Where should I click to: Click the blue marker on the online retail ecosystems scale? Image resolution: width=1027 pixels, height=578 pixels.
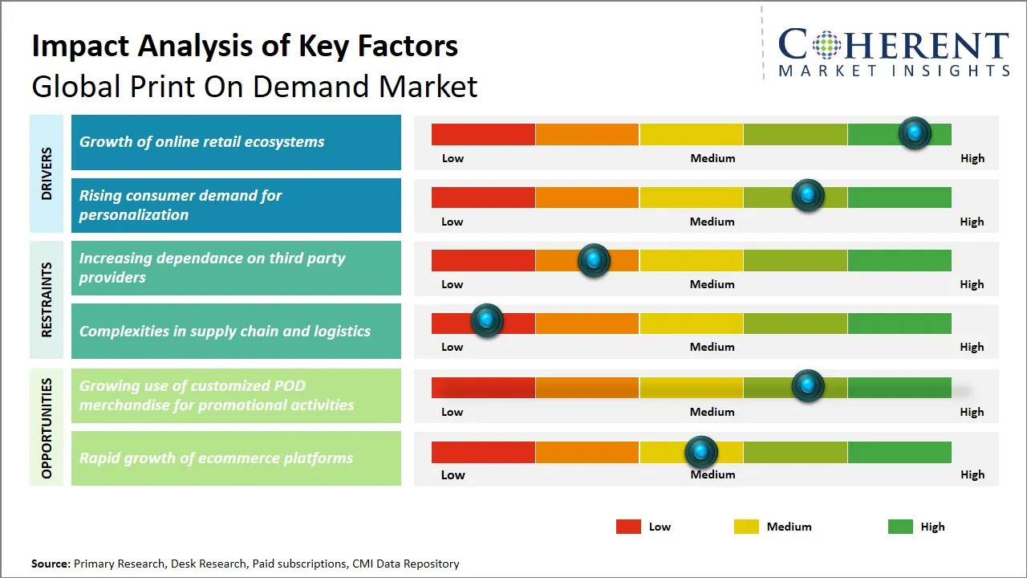[x=915, y=132]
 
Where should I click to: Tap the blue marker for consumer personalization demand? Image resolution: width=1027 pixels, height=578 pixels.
[x=808, y=195]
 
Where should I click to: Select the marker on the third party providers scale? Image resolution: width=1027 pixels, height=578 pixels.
[x=594, y=259]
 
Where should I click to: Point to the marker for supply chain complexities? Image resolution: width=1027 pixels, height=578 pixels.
[x=486, y=320]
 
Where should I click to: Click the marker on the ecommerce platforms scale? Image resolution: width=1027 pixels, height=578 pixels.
[x=701, y=452]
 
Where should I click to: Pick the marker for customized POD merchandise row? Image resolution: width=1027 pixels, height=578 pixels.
[x=808, y=385]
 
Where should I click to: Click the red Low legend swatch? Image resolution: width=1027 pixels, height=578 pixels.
[x=628, y=527]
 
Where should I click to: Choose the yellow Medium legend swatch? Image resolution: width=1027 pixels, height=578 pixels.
[x=746, y=527]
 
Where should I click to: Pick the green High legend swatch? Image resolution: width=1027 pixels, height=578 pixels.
[x=900, y=527]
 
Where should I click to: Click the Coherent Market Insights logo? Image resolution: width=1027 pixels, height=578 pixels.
[x=893, y=52]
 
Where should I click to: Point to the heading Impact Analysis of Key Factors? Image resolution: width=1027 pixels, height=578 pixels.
[x=245, y=46]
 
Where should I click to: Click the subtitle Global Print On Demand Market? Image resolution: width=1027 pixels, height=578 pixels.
[x=254, y=86]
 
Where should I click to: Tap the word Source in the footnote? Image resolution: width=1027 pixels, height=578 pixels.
[x=50, y=564]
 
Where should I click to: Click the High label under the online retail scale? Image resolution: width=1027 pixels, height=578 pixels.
[x=972, y=158]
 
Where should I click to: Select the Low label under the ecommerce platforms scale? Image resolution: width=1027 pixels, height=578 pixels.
[x=453, y=474]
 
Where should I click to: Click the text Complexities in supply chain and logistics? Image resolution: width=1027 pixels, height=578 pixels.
[x=225, y=331]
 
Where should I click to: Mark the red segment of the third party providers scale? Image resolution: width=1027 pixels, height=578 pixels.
[x=483, y=260]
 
